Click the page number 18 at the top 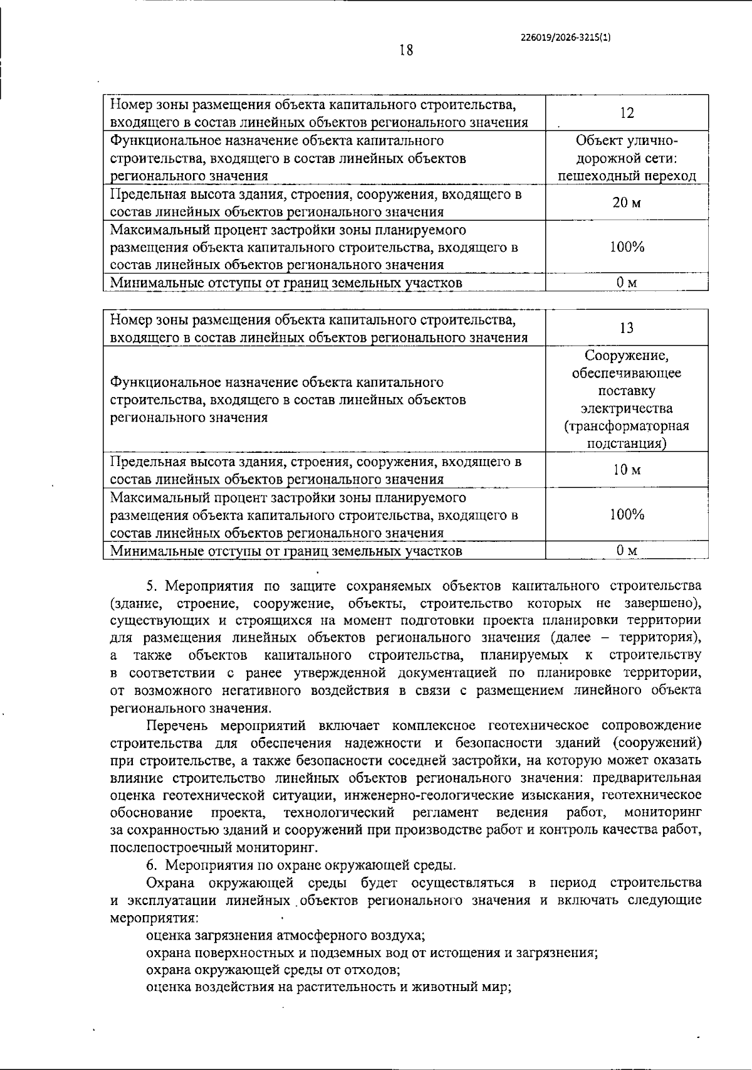click(406, 50)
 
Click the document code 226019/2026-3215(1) click(566, 37)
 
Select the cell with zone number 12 click(627, 113)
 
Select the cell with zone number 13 click(627, 328)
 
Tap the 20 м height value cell click(627, 203)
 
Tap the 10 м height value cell click(627, 470)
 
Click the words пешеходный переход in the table click(627, 176)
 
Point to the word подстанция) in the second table click(627, 443)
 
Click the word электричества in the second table click(627, 408)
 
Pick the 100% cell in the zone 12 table click(627, 246)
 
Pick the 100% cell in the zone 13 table click(627, 515)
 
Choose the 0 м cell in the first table click(627, 283)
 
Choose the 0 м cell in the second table click(627, 551)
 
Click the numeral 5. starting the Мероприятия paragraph click(152, 586)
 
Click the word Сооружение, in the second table click(627, 356)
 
